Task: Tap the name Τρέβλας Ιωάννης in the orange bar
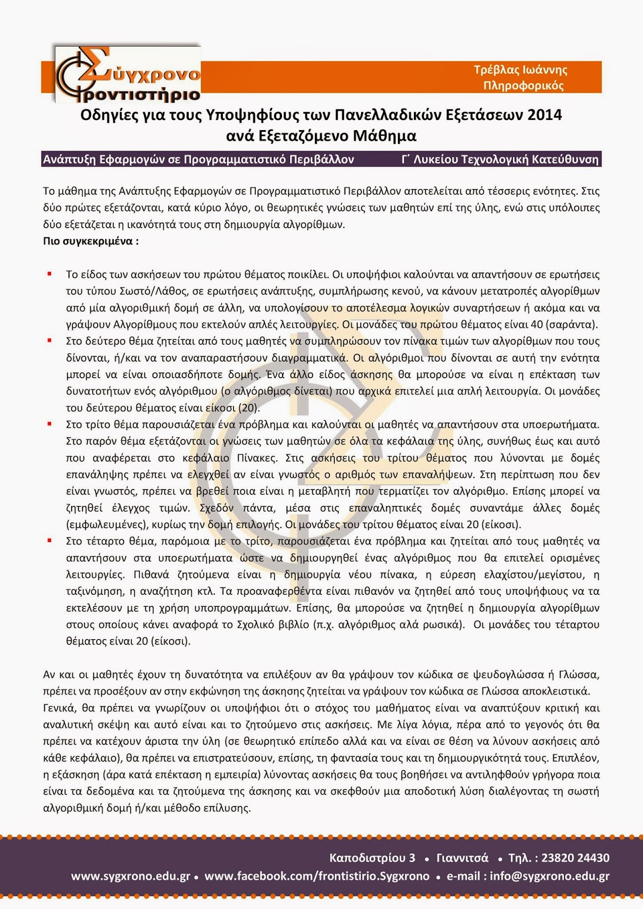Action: point(520,70)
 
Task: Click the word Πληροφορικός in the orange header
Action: point(523,86)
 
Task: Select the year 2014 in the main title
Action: point(544,115)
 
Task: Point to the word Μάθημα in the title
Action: point(384,136)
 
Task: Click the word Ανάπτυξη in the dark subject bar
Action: point(69,160)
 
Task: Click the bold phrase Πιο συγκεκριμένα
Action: point(90,241)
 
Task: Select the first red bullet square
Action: point(50,274)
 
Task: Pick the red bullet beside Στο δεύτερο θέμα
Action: point(50,341)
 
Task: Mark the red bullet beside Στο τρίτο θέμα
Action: point(50,424)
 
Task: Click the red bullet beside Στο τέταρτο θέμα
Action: point(50,541)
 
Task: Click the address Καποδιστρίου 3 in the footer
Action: point(372,858)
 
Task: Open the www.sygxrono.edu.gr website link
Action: point(130,876)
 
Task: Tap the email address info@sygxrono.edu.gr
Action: point(549,876)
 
